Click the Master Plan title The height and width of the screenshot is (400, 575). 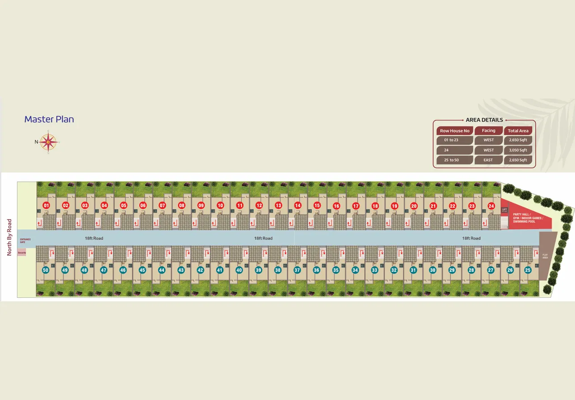(49, 119)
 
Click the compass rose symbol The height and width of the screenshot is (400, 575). (48, 142)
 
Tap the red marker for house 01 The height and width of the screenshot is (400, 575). (46, 205)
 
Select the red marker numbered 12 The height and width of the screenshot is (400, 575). (259, 205)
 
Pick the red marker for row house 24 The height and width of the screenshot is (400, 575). (491, 206)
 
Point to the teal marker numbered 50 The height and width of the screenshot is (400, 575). (46, 270)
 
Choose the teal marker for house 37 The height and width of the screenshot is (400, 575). (297, 270)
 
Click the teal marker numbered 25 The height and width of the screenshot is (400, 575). (528, 270)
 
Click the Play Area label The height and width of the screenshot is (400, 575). (545, 257)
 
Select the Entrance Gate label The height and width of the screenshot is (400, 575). (25, 241)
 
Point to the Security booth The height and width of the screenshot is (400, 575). (22, 253)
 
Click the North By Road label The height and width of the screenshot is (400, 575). (9, 237)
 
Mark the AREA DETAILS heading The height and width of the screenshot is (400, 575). (484, 120)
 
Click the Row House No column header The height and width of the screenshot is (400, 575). (454, 131)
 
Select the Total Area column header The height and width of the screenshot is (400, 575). (518, 131)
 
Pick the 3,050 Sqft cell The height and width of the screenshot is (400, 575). (518, 150)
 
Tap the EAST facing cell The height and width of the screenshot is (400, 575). (488, 160)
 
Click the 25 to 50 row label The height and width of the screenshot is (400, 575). (451, 160)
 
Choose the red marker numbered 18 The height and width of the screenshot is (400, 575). (375, 206)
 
